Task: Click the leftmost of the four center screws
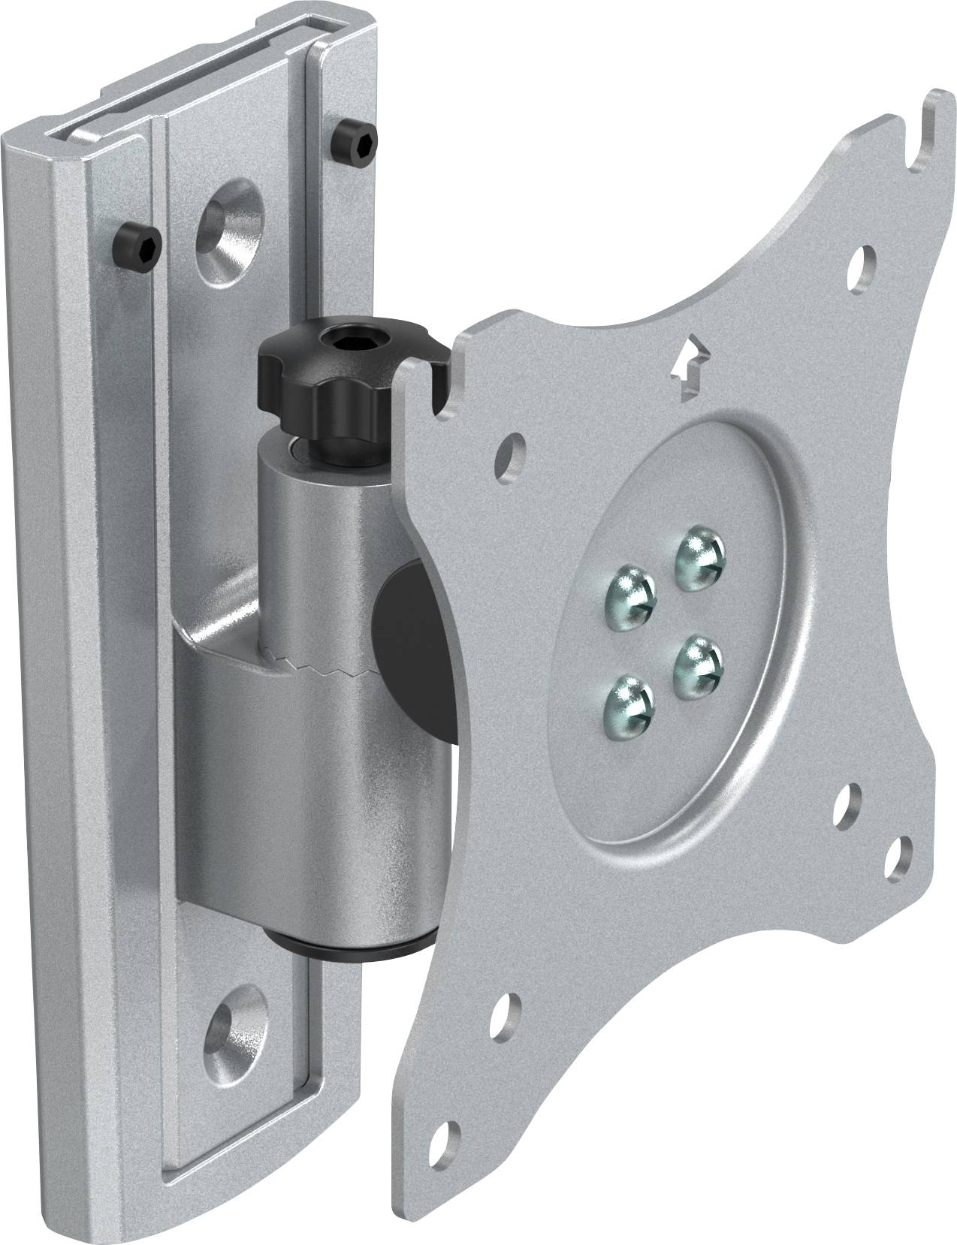tap(629, 591)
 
